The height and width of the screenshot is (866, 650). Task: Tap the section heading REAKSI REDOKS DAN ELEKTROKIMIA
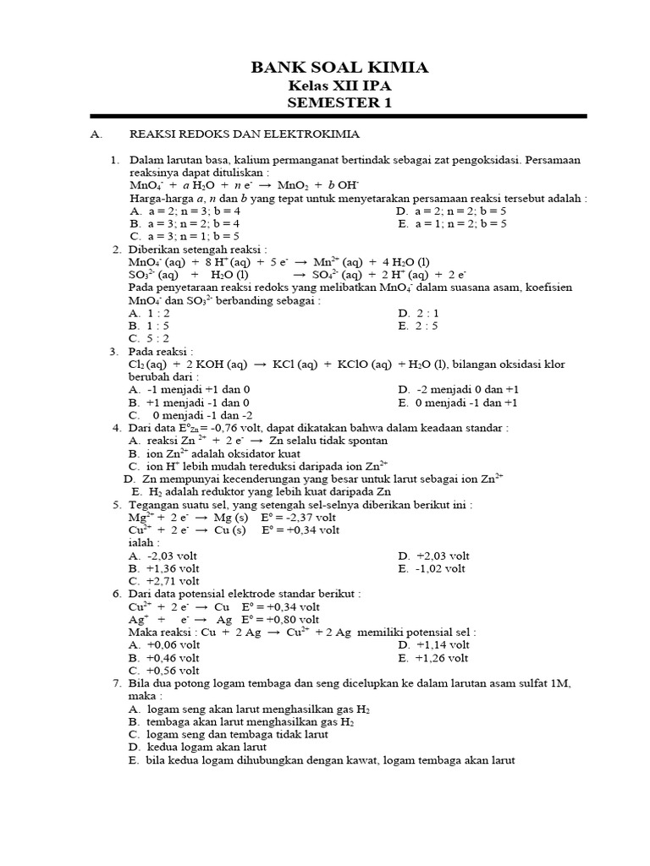click(244, 134)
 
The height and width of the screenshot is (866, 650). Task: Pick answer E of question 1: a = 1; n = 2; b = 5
click(460, 223)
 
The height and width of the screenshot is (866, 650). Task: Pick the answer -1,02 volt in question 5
click(441, 568)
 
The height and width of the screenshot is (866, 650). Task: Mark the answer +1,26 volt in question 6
click(443, 657)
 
